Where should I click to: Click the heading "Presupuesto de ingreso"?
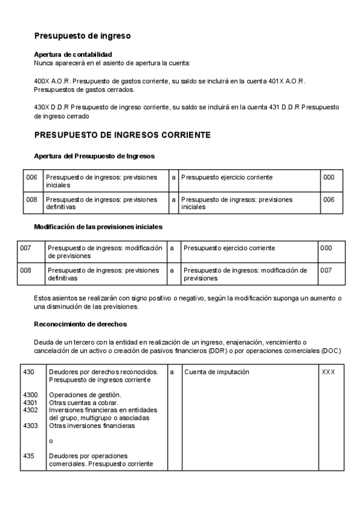click(x=82, y=36)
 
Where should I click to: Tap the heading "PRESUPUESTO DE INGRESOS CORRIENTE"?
click(x=122, y=135)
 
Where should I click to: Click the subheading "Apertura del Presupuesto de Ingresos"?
click(x=95, y=156)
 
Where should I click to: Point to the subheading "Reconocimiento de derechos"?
click(x=80, y=324)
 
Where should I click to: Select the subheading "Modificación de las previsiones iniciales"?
click(x=98, y=227)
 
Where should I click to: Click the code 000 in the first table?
click(x=329, y=178)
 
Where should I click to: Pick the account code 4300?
click(x=30, y=395)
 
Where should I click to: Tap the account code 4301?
click(x=30, y=403)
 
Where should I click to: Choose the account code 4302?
click(x=30, y=410)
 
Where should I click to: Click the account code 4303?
click(x=30, y=426)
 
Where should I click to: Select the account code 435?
click(x=28, y=456)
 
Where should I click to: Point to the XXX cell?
click(x=328, y=372)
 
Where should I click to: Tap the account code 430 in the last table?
click(x=28, y=372)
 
